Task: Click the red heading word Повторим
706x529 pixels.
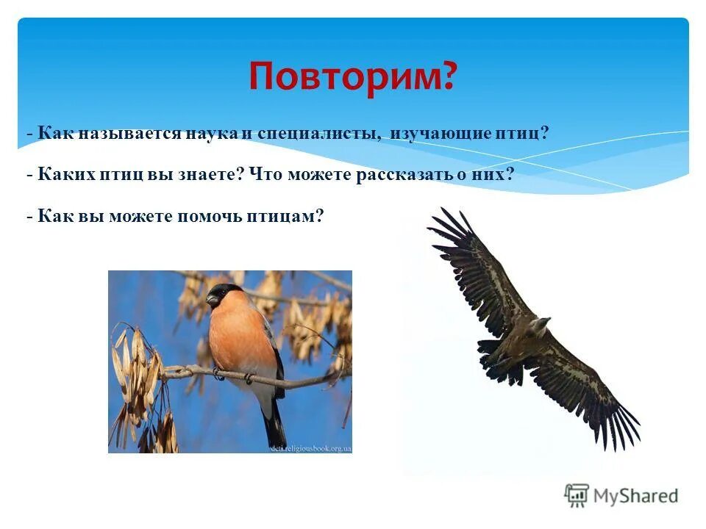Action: pos(352,76)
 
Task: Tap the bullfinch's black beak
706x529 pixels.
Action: pos(213,300)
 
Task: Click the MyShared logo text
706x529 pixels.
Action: pos(635,496)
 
